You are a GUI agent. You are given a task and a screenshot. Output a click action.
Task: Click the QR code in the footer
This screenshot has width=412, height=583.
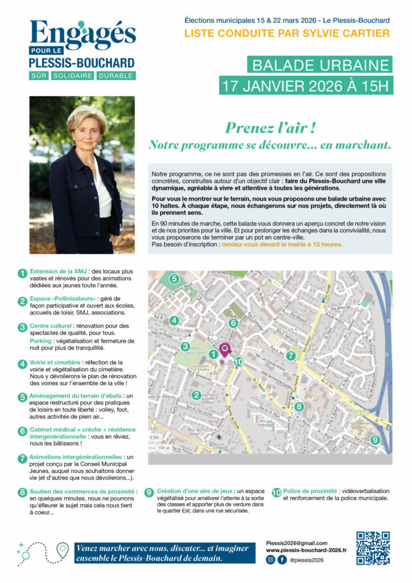pyautogui.click(x=373, y=548)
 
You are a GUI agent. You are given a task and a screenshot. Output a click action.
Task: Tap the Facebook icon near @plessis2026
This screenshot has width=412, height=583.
pyautogui.click(x=282, y=560)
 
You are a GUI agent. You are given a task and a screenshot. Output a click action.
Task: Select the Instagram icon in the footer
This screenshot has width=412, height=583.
pyautogui.click(x=270, y=560)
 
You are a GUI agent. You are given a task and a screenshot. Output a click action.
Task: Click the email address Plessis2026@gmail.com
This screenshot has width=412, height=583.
pyautogui.click(x=296, y=543)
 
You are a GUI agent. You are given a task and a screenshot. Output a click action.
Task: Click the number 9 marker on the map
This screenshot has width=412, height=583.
pyautogui.click(x=374, y=440)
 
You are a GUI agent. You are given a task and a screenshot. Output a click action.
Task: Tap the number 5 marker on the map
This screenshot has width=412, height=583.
pyautogui.click(x=174, y=279)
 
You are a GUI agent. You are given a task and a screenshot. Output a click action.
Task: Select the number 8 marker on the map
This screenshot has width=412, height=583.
pyautogui.click(x=299, y=407)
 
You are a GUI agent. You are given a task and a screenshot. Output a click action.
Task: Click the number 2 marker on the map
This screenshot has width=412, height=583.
pyautogui.click(x=196, y=395)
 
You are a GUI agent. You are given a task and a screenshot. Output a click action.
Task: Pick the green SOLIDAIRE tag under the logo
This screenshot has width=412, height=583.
pyautogui.click(x=72, y=76)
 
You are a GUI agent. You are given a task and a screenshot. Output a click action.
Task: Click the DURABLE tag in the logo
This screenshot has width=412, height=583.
pyautogui.click(x=115, y=76)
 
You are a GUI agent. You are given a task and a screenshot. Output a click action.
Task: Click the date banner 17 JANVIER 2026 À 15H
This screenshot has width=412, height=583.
pyautogui.click(x=306, y=87)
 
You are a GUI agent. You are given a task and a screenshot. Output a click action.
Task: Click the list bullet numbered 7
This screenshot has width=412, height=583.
pyautogui.click(x=22, y=458)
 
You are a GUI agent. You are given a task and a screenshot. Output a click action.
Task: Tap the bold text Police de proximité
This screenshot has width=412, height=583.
pyautogui.click(x=310, y=490)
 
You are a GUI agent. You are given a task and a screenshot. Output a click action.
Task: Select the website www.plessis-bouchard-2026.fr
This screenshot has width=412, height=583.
pyautogui.click(x=306, y=551)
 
